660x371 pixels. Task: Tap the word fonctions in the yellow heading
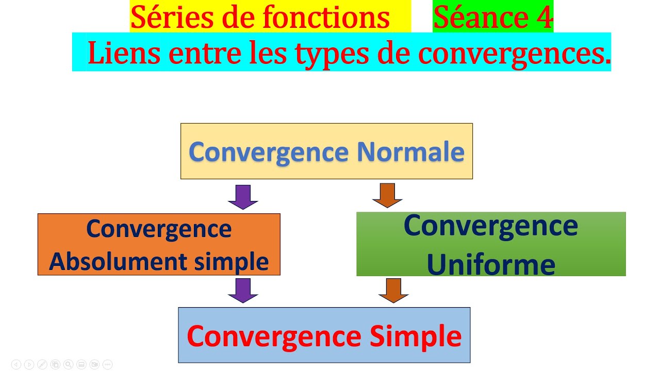coord(326,18)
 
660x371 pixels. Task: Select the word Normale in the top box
coord(410,151)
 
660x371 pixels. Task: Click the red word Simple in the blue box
coord(416,336)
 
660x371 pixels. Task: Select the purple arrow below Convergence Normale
coord(243,196)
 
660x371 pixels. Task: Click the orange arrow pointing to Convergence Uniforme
coord(387,195)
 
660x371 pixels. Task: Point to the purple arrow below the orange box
coord(243,290)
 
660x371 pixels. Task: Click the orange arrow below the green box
coord(393,290)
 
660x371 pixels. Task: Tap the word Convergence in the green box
coord(491,226)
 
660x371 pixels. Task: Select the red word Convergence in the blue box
coord(274,336)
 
